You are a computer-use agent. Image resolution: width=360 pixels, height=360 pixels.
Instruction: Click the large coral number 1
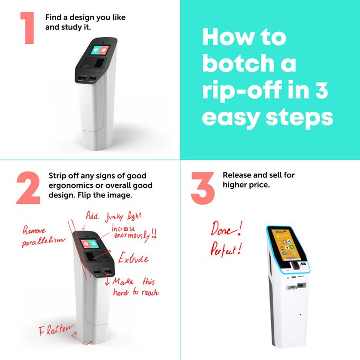pos(28,28)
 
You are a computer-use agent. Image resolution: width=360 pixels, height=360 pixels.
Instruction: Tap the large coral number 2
pos(28,188)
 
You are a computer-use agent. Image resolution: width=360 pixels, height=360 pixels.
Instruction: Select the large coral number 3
pos(202,188)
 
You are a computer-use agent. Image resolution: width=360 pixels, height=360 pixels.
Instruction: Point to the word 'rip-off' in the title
pos(242,90)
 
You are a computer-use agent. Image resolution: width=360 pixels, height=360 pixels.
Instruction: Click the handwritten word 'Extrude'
pos(133,258)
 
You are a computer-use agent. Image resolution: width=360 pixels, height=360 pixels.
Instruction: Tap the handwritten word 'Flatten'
pos(56,330)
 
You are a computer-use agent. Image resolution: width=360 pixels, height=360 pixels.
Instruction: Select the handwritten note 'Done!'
pos(227,229)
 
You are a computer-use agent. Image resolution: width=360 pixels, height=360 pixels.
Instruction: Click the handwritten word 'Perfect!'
pos(226,249)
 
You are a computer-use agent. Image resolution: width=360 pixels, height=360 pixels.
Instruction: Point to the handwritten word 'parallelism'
pos(43,242)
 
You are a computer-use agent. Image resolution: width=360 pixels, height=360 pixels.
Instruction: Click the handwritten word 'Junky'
pos(114,217)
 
